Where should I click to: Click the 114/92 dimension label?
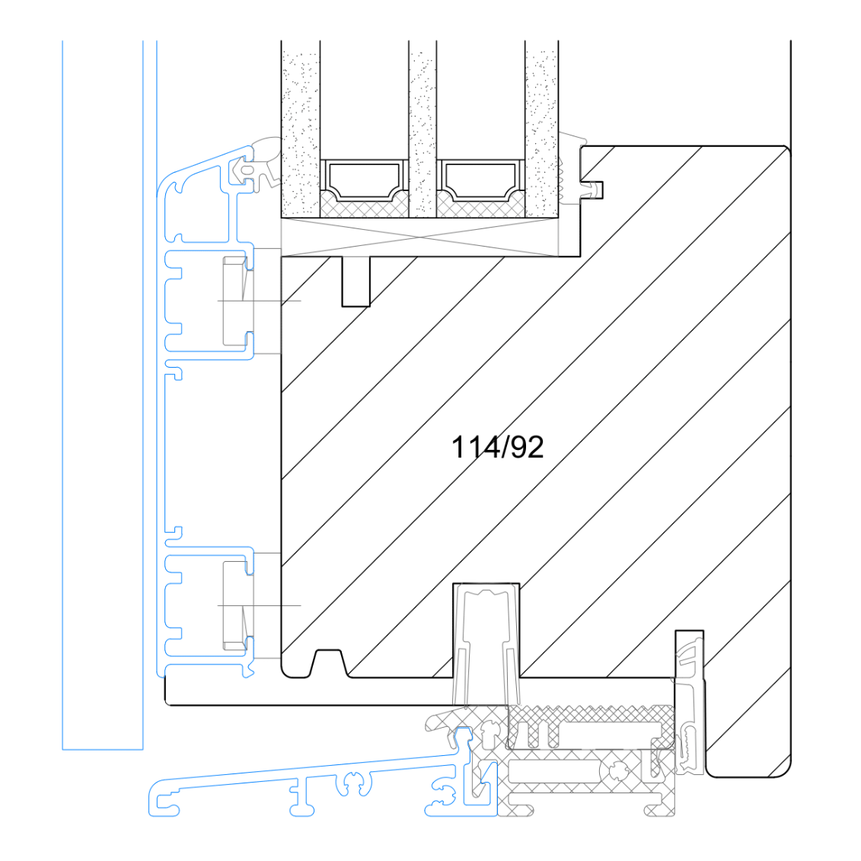tap(497, 447)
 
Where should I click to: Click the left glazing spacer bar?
tap(364, 179)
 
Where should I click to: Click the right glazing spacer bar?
tap(480, 179)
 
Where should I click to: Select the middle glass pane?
tap(423, 129)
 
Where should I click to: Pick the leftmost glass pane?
tap(301, 129)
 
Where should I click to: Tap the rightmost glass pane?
tap(541, 129)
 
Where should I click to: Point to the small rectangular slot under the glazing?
tap(356, 281)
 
